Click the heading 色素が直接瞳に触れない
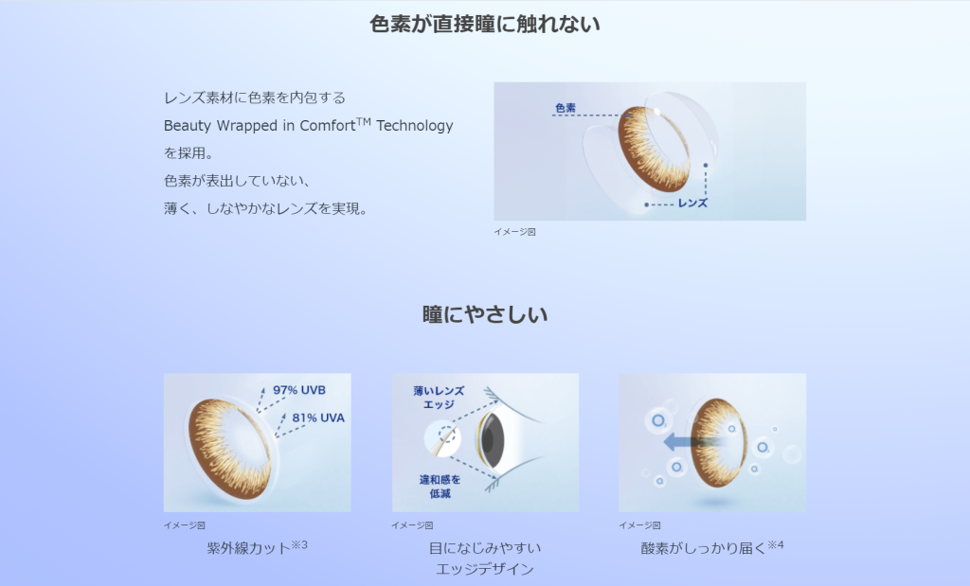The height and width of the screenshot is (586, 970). coord(485,24)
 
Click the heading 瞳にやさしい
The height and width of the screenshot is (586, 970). coord(485,314)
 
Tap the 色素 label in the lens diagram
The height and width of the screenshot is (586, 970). coord(566,108)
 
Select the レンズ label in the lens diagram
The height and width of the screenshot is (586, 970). coord(692,203)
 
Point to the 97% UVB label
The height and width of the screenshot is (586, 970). coord(299,390)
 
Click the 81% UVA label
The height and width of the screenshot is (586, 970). coord(318,417)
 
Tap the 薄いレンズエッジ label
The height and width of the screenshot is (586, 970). coord(439,398)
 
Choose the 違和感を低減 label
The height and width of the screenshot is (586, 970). coord(440,487)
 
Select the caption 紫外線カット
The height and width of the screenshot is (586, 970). coord(249,548)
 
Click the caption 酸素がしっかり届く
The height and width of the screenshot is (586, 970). coord(704,548)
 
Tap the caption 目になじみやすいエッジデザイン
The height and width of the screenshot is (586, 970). coord(485,559)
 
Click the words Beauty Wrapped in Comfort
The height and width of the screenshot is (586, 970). coord(260,126)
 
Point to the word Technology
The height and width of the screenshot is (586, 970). coord(415,126)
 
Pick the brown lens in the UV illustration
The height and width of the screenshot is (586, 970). coord(230,448)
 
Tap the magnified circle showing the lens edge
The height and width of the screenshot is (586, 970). coord(442,438)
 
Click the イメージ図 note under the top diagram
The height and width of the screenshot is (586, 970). coord(514,232)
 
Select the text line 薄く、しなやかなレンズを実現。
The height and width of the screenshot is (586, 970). coord(266,209)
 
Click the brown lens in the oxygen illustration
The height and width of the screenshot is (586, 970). coord(718,443)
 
